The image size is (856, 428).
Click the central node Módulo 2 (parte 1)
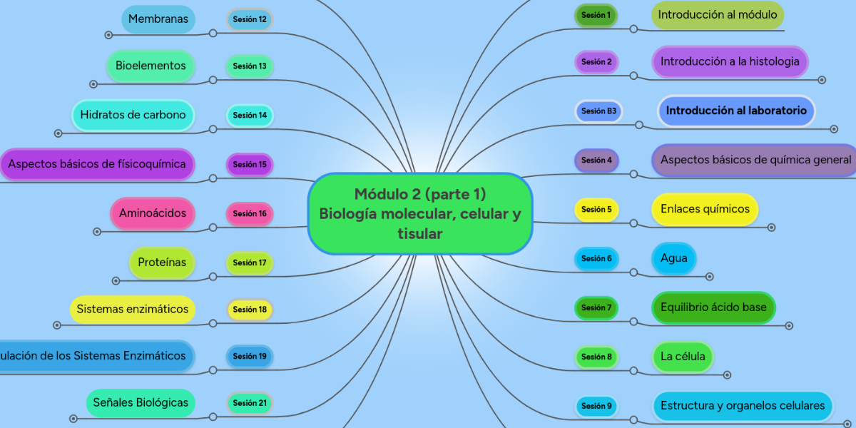click(x=420, y=213)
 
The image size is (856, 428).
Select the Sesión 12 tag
click(x=250, y=19)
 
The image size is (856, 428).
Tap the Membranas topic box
click(x=158, y=19)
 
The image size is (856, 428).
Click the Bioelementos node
click(x=151, y=66)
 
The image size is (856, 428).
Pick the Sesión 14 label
click(x=250, y=115)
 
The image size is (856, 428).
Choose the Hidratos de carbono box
click(x=133, y=115)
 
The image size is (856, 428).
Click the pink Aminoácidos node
click(x=153, y=213)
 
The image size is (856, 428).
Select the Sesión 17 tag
click(x=250, y=263)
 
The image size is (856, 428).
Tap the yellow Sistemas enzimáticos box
click(x=133, y=310)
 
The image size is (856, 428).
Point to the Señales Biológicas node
click(x=141, y=403)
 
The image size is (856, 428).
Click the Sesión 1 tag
click(x=596, y=15)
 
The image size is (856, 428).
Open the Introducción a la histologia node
click(x=730, y=62)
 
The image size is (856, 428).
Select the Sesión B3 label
click(x=598, y=111)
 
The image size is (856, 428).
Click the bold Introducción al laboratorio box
click(x=736, y=111)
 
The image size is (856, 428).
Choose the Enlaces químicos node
click(x=705, y=209)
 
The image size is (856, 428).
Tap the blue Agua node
click(x=674, y=258)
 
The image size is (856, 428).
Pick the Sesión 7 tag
click(x=596, y=307)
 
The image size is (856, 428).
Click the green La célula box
click(x=683, y=357)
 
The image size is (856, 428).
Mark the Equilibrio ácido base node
click(x=713, y=307)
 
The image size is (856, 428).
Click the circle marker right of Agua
click(x=709, y=276)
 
